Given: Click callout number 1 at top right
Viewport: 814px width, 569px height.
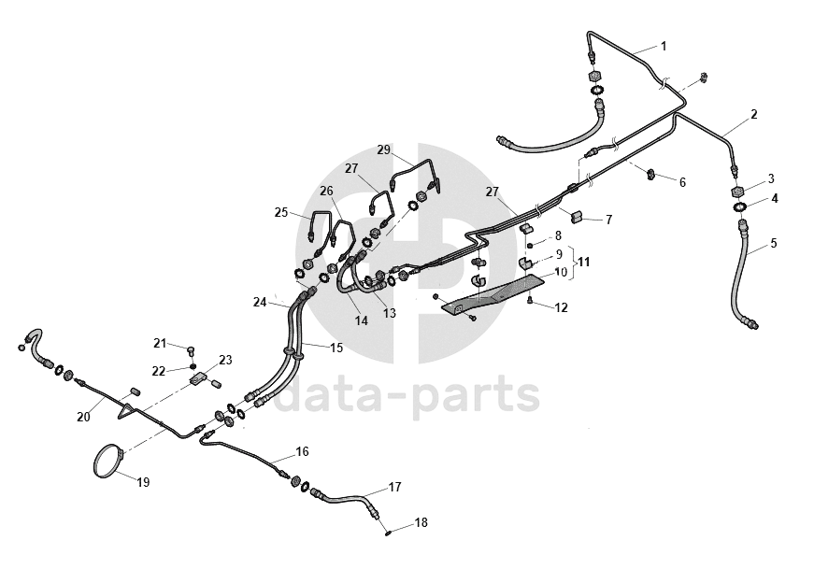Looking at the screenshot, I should tap(664, 46).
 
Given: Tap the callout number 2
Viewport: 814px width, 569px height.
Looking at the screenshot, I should tap(753, 115).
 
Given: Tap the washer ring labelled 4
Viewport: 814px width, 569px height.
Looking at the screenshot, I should tap(738, 207).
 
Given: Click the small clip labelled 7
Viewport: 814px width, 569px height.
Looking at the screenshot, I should tap(578, 217).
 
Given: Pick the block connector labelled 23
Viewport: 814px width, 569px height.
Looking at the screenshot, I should tap(199, 379).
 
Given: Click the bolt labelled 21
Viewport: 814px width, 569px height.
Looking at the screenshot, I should tap(191, 350).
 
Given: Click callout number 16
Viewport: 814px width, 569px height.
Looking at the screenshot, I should tap(302, 452).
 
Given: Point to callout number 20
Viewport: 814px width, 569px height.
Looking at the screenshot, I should tap(83, 417).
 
